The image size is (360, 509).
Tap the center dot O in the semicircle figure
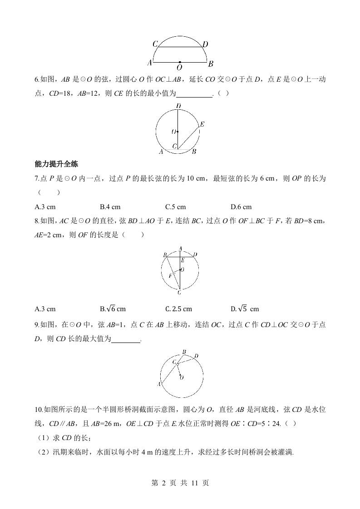(180, 62)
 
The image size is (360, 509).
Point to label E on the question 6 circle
(202, 124)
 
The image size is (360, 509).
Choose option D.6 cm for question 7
(241, 207)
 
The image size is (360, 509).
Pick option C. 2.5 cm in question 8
(178, 309)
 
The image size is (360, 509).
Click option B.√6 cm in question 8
(113, 309)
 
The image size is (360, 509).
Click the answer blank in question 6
(194, 94)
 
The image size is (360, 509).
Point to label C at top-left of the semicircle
(155, 44)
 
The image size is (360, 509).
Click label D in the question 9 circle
(196, 355)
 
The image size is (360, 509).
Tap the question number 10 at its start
(38, 410)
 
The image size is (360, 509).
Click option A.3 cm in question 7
(45, 207)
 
